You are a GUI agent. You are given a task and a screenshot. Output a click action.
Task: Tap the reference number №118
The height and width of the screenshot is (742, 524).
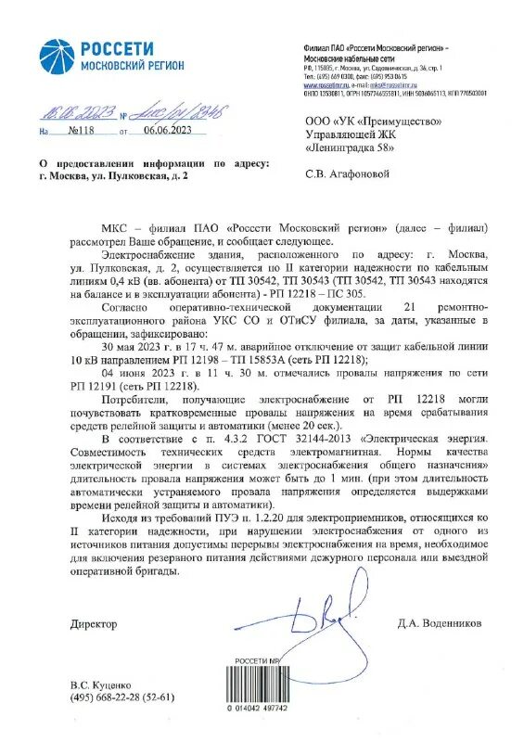88,131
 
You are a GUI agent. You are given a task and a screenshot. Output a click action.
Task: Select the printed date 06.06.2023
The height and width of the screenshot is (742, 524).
167,131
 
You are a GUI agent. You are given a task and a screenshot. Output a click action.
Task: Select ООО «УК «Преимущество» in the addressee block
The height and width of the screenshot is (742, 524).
373,121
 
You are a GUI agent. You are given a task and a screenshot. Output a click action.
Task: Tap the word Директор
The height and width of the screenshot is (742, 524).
94,624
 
